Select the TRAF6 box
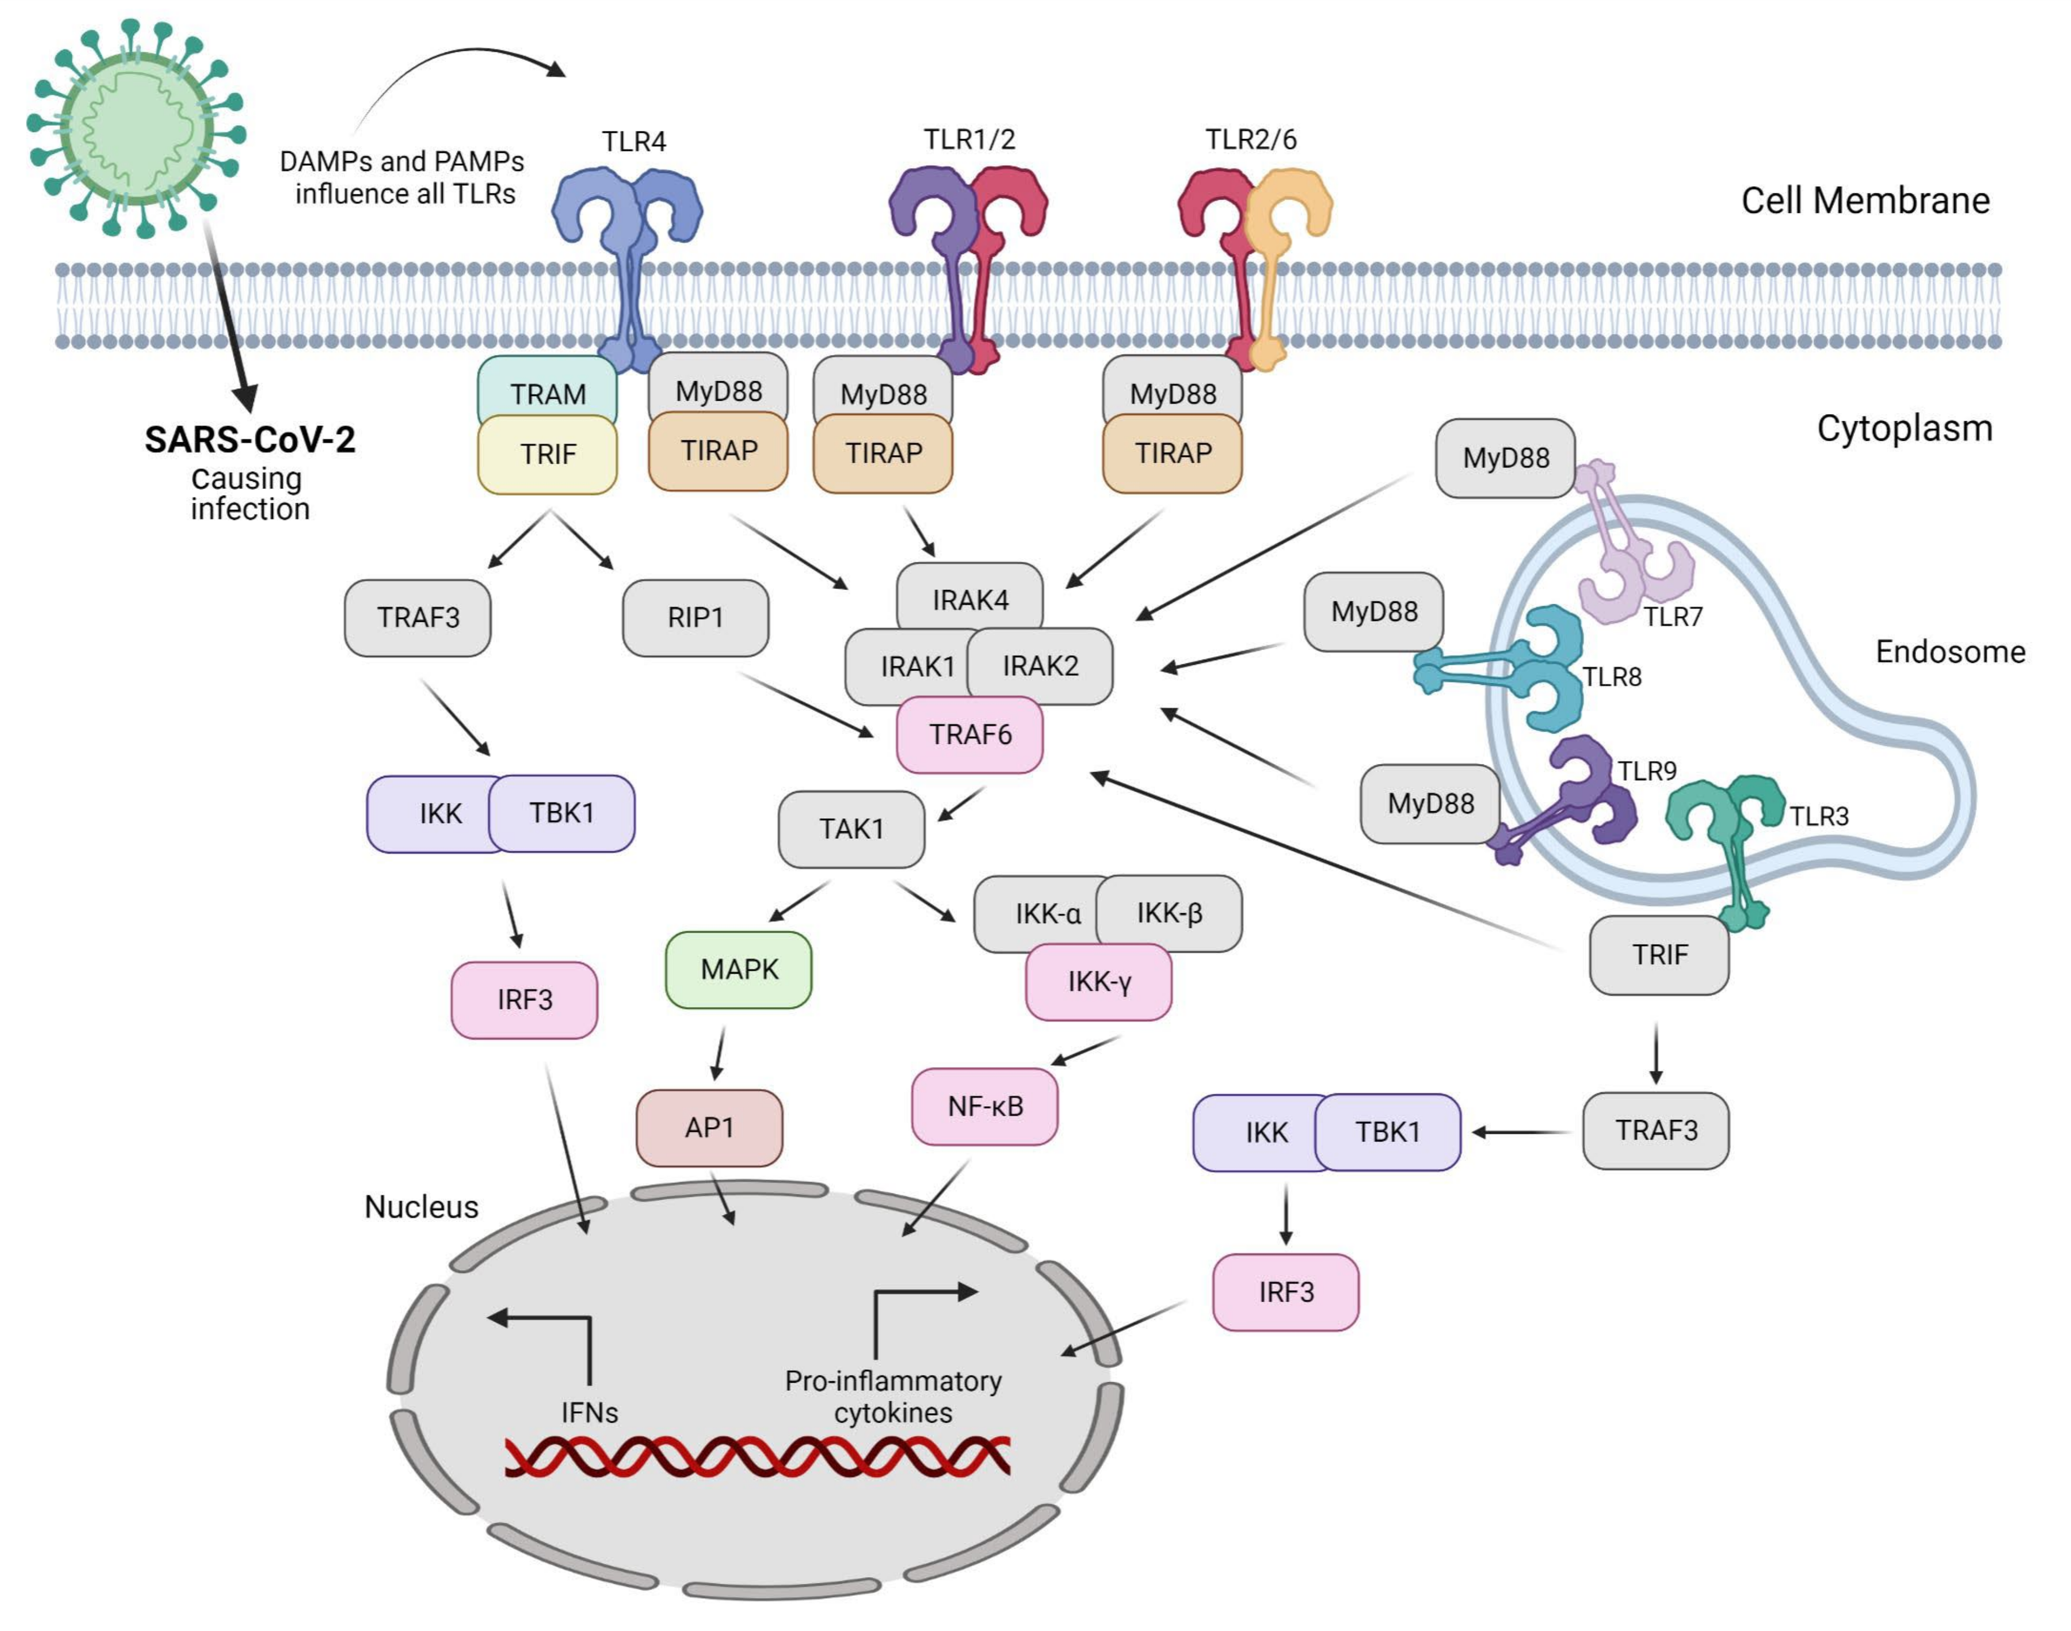[x=969, y=734]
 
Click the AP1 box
[x=708, y=1128]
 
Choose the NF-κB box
[x=984, y=1106]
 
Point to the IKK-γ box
[x=1098, y=981]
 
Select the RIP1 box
[x=695, y=618]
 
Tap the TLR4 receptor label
[x=633, y=141]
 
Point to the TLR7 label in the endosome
[x=1673, y=617]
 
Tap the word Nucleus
[x=421, y=1207]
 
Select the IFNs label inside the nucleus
[x=589, y=1412]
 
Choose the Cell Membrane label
[x=1865, y=201]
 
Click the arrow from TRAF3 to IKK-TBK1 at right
[x=1521, y=1132]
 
